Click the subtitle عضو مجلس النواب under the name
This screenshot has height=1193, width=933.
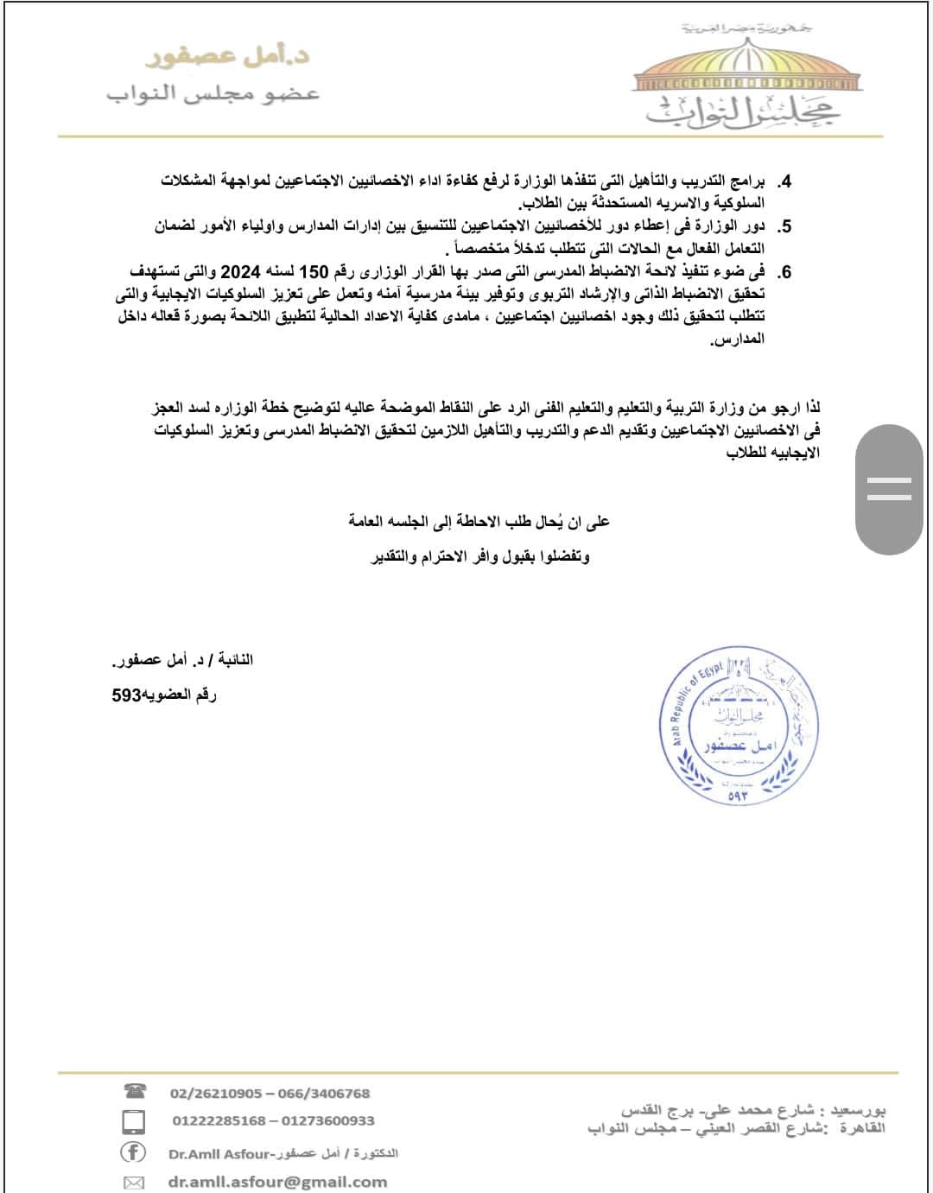click(213, 93)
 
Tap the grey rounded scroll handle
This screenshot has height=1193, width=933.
click(889, 489)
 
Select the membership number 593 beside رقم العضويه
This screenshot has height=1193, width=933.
click(126, 695)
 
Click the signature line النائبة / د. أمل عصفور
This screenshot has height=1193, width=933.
click(182, 660)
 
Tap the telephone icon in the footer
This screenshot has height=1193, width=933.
click(135, 1092)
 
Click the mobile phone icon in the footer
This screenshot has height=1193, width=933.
click(134, 1121)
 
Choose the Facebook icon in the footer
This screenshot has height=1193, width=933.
click(133, 1152)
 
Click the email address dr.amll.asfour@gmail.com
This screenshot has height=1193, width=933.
click(278, 1182)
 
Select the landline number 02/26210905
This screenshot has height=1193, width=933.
click(216, 1093)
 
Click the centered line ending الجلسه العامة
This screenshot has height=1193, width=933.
click(479, 521)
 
